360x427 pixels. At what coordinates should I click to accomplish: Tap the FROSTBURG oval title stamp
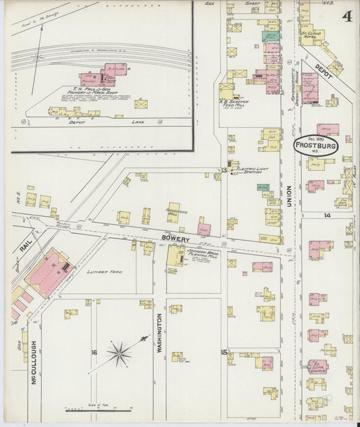(x=316, y=145)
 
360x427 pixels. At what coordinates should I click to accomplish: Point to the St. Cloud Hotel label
(x=311, y=34)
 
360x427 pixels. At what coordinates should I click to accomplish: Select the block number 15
(x=224, y=352)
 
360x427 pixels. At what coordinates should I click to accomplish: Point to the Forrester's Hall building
(x=174, y=212)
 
